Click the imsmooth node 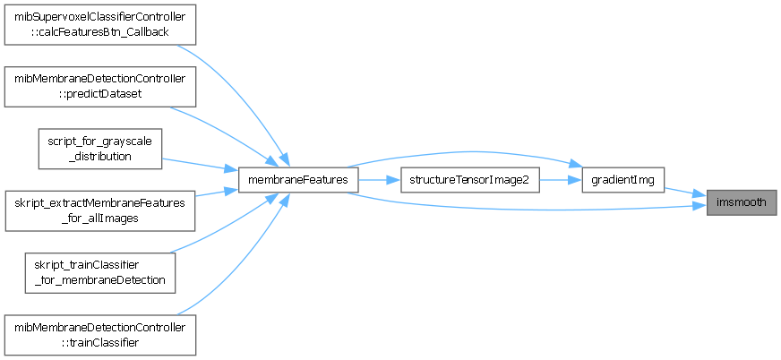coord(741,202)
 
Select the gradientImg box coord(622,180)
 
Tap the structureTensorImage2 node coord(469,180)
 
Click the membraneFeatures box coord(299,180)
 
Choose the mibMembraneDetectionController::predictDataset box coord(99,86)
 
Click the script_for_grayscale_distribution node coord(99,149)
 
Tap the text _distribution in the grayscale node coord(99,156)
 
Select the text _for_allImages coord(99,219)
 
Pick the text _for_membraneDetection coord(99,280)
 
